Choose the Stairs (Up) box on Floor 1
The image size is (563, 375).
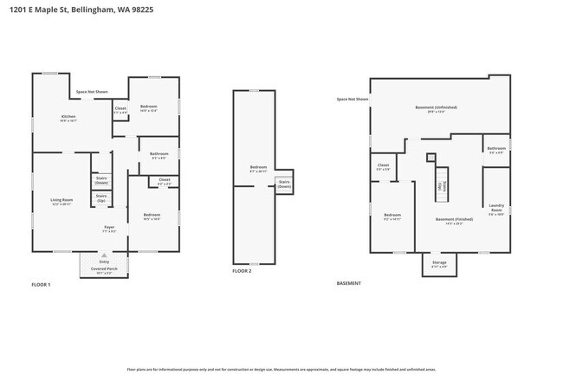101,198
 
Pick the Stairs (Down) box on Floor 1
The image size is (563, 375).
101,181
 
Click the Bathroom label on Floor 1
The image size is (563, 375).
159,155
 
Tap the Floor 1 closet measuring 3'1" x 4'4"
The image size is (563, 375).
120,110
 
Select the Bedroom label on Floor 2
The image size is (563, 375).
258,168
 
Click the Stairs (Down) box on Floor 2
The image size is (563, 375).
284,185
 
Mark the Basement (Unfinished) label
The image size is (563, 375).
442,108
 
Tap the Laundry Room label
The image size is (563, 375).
496,209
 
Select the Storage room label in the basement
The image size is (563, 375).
440,264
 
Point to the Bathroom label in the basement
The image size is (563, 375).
495,149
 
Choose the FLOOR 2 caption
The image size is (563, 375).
242,271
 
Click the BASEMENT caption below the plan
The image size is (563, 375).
348,283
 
